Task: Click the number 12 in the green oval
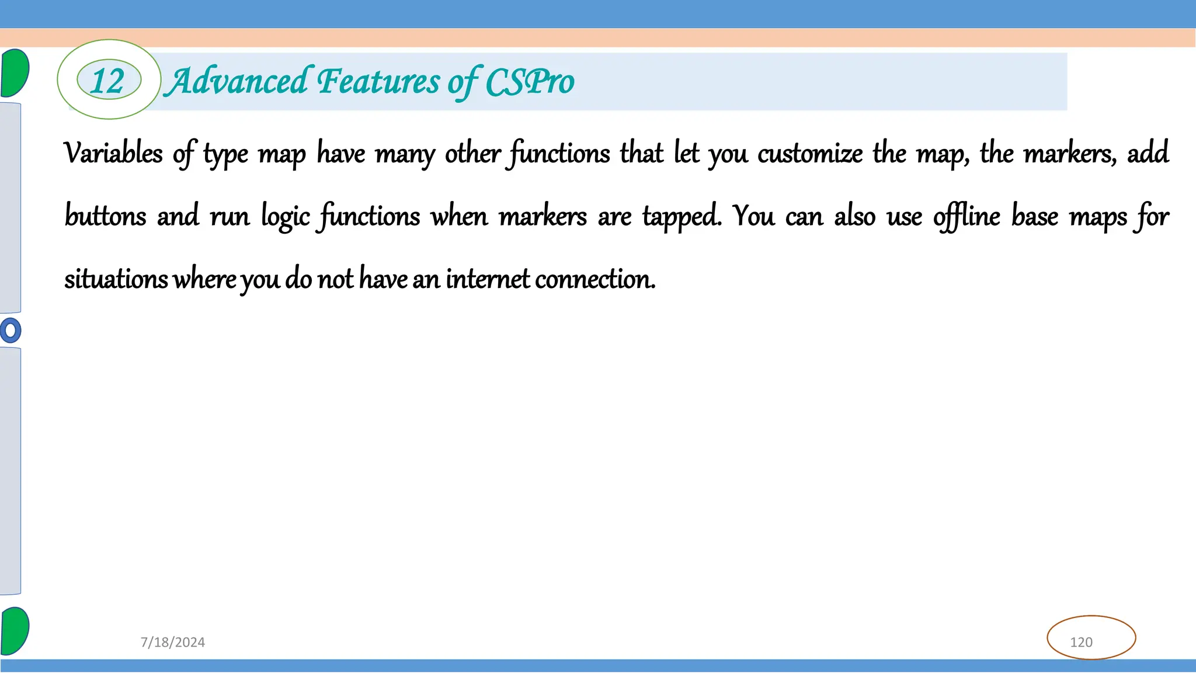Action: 109,81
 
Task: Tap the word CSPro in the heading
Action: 530,82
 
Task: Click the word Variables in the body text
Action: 113,154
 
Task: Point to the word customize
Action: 810,154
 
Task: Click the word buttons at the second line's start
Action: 105,216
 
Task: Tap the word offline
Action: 966,216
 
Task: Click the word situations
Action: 116,279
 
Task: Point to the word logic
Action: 285,217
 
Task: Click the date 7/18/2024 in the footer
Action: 173,642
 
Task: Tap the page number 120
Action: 1081,642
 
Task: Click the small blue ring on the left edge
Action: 11,331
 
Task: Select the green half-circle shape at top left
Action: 15,73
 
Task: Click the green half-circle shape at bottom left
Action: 15,631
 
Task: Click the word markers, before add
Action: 1070,154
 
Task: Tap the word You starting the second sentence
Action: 753,216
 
